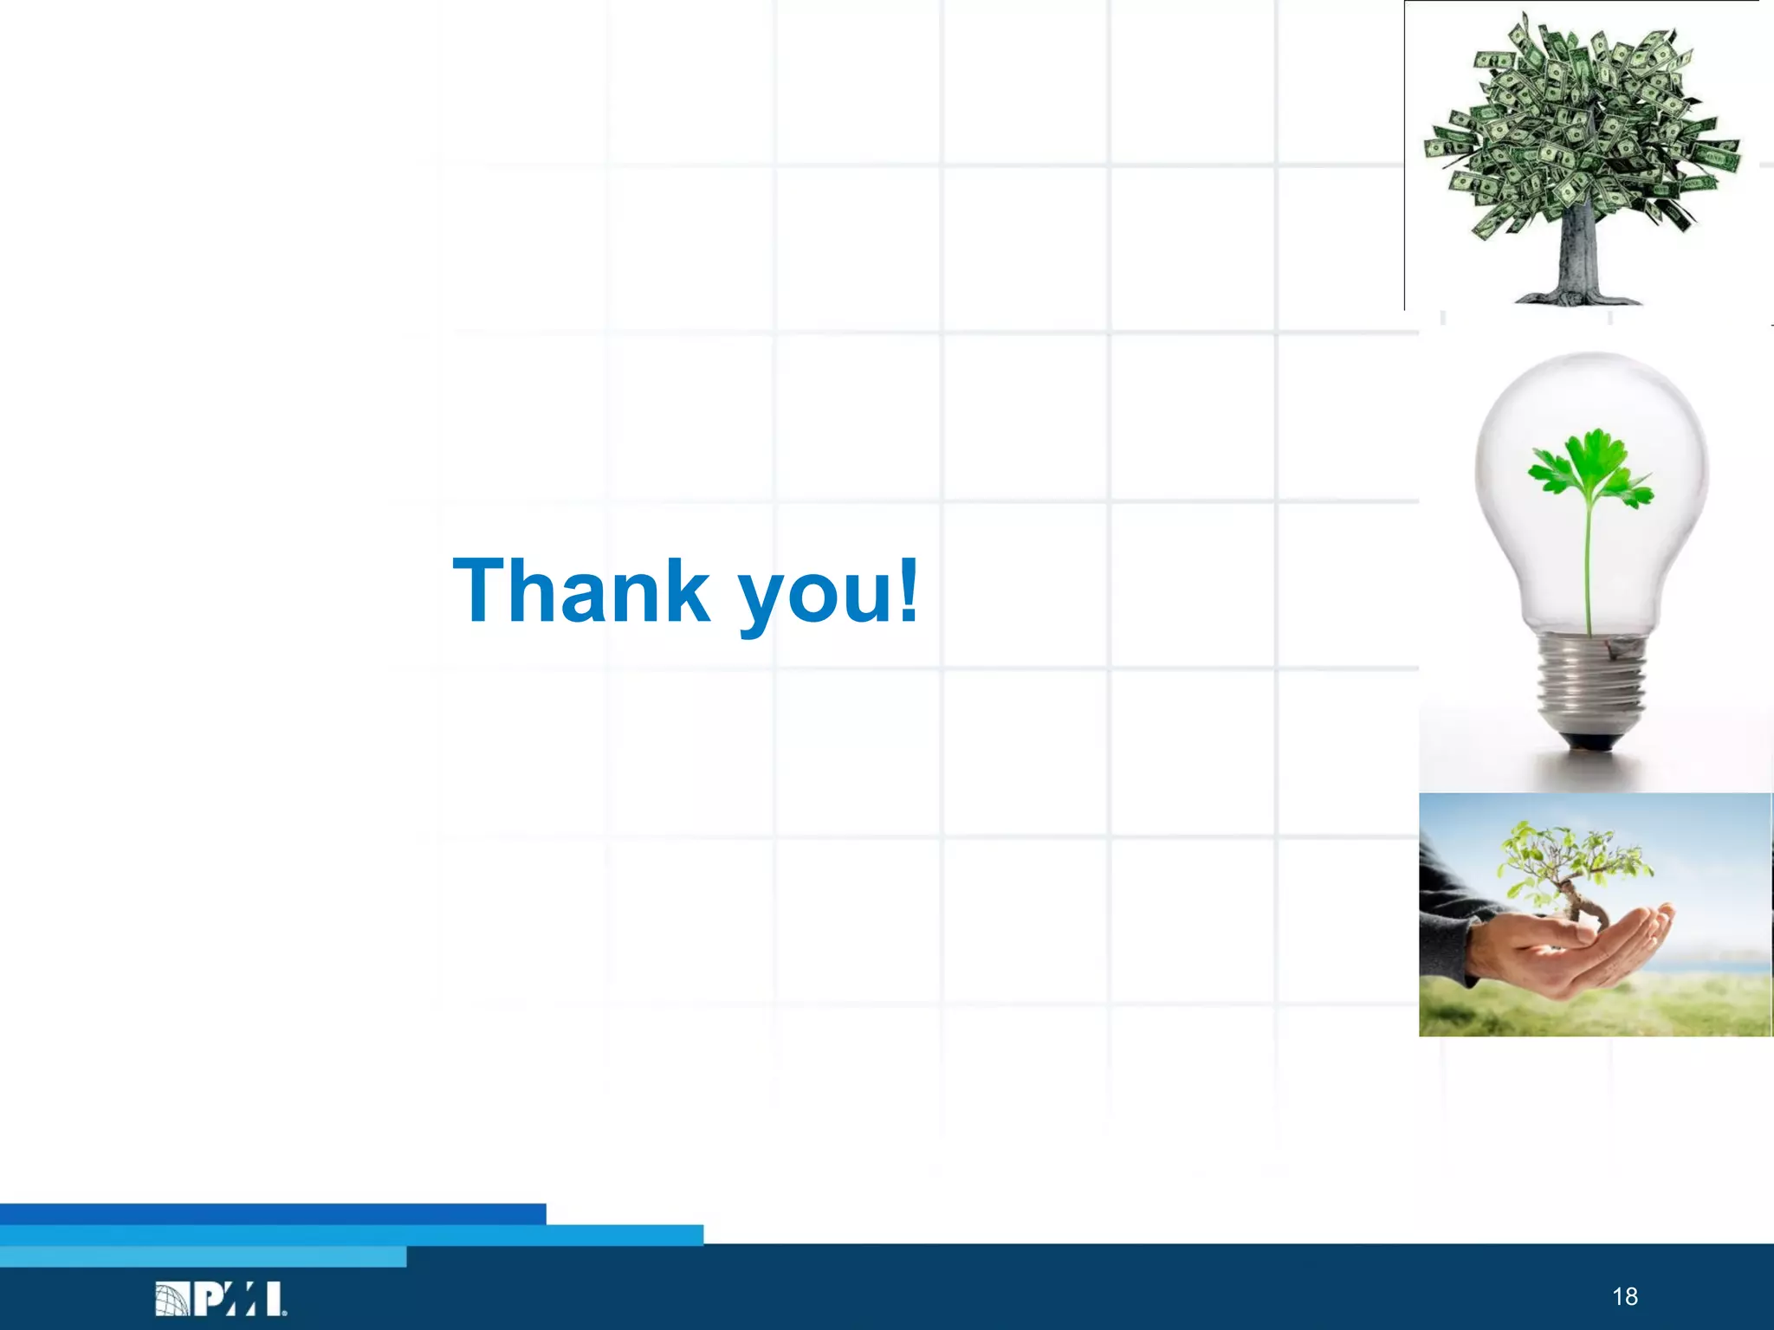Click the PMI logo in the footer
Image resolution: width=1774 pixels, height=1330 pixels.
221,1299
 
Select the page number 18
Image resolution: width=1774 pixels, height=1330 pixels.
1624,1296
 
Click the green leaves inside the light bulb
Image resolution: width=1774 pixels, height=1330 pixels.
1590,468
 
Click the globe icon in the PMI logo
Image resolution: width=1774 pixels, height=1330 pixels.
172,1300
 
